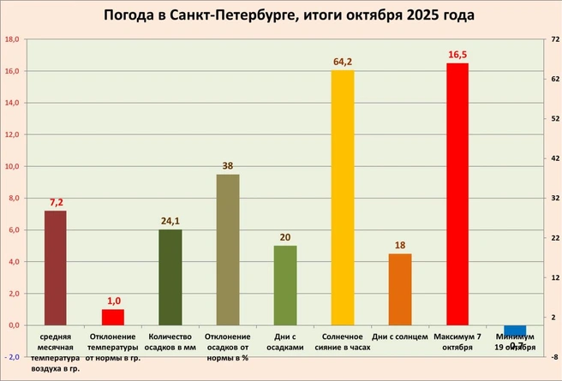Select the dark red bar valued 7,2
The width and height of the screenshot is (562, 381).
pos(55,267)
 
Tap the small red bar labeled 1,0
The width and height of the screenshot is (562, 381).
pos(113,317)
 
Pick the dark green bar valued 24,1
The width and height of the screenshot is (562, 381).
pos(170,277)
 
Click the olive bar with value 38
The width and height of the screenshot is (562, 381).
pos(228,249)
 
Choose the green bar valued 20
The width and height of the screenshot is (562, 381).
pos(285,285)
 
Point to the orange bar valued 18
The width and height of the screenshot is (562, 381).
pos(400,289)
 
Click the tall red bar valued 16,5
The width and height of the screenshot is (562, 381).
pos(457,193)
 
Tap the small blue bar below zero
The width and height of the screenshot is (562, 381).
pos(515,330)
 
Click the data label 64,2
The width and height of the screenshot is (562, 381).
pos(343,62)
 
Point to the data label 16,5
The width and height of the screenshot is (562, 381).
pos(458,55)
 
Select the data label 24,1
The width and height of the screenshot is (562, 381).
pos(170,221)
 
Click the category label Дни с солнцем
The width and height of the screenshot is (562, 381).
pos(400,337)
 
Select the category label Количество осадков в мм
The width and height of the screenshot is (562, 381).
pos(171,342)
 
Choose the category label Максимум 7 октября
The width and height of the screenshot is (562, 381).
pos(457,342)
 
